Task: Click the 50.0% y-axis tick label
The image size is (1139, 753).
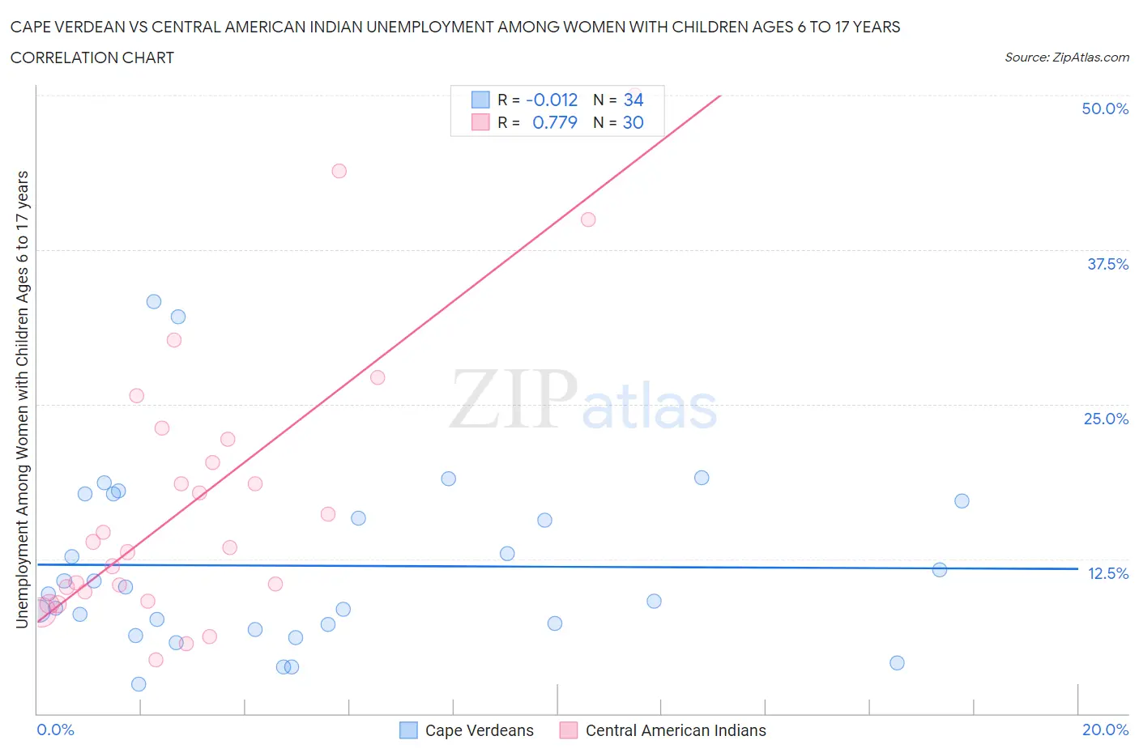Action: coord(1105,108)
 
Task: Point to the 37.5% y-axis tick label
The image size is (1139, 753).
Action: coord(1107,264)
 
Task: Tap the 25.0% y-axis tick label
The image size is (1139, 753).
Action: coord(1106,419)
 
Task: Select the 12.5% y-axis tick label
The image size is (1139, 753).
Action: coord(1107,573)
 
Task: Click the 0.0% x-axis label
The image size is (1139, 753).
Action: coord(55,730)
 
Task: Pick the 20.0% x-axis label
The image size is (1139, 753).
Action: coord(1105,730)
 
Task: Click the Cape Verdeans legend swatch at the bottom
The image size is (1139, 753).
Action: coord(408,730)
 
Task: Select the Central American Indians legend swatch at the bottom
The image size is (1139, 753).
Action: coord(569,730)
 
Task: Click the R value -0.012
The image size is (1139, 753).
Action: coord(552,100)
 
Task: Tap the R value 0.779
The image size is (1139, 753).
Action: coord(555,122)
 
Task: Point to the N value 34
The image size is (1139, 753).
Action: coord(633,100)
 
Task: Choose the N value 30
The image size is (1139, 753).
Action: coord(633,122)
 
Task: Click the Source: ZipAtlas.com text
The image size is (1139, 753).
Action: coord(1066,57)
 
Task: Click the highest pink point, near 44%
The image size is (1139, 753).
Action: coord(339,171)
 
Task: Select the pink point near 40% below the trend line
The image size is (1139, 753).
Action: coord(588,219)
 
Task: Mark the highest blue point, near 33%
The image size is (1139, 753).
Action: coord(154,301)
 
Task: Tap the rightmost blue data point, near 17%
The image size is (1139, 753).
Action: coord(962,500)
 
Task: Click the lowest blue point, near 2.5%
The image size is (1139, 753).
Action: coord(139,684)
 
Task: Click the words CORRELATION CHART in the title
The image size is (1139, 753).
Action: coord(92,57)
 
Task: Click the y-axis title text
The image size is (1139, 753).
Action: coord(22,399)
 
